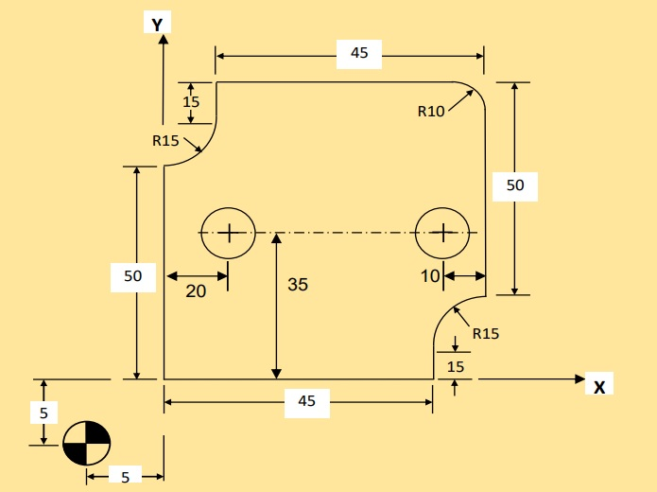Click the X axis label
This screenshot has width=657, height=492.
599,386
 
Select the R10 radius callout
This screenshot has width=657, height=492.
431,111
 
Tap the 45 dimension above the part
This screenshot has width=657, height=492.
359,53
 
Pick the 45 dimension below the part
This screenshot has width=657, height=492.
306,402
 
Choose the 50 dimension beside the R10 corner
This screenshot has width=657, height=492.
515,185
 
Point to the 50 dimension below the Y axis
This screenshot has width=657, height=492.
132,276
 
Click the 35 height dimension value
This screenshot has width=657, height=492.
298,284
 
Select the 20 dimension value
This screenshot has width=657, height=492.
196,291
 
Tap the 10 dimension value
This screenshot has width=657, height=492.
430,276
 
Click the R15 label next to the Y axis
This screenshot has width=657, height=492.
165,141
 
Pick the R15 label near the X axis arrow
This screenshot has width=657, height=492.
485,333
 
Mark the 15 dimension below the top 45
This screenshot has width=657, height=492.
191,101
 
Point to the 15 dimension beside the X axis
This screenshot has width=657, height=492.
456,366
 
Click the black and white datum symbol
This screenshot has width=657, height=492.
87,442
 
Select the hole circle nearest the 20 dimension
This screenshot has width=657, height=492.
228,232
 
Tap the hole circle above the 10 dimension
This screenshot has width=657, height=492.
442,232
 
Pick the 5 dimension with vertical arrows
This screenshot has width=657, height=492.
43,413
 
